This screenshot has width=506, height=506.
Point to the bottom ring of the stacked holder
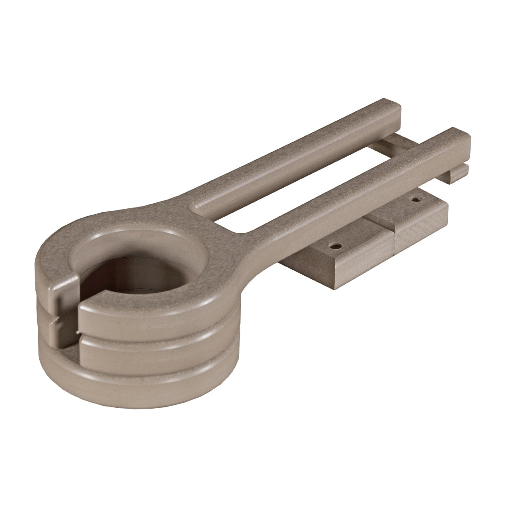(x=139, y=371)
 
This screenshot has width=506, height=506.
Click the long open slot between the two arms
(x=295, y=177)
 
